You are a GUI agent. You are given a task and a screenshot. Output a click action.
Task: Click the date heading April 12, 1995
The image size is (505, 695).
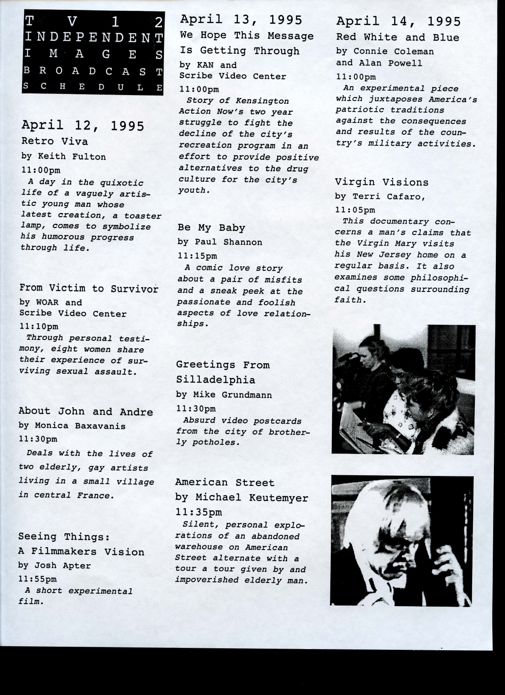(83, 125)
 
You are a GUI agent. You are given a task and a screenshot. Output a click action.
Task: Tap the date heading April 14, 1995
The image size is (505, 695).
(398, 21)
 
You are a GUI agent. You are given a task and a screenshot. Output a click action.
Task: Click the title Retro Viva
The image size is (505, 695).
(55, 141)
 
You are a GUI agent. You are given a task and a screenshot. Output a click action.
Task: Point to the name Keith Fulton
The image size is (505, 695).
(72, 156)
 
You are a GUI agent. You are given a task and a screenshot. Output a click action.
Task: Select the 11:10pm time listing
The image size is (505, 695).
(39, 327)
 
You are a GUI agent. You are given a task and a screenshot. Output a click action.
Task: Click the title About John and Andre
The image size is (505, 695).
(86, 411)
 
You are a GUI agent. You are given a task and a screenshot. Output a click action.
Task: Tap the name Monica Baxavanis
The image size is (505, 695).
(80, 426)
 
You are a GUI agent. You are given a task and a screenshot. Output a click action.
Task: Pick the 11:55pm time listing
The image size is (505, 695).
(38, 579)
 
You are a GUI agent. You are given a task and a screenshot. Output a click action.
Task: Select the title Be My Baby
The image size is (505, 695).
(211, 228)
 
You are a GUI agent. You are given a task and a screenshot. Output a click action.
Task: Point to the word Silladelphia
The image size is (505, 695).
(215, 380)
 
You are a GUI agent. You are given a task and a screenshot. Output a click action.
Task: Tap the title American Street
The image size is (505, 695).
(225, 482)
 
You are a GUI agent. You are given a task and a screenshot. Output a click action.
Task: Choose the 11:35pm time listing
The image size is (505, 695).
(198, 512)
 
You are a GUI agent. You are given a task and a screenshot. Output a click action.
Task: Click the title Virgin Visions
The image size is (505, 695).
(382, 182)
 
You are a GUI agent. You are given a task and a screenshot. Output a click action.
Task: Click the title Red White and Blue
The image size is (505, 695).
(398, 38)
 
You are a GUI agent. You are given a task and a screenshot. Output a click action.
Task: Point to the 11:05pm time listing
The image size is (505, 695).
(355, 210)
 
